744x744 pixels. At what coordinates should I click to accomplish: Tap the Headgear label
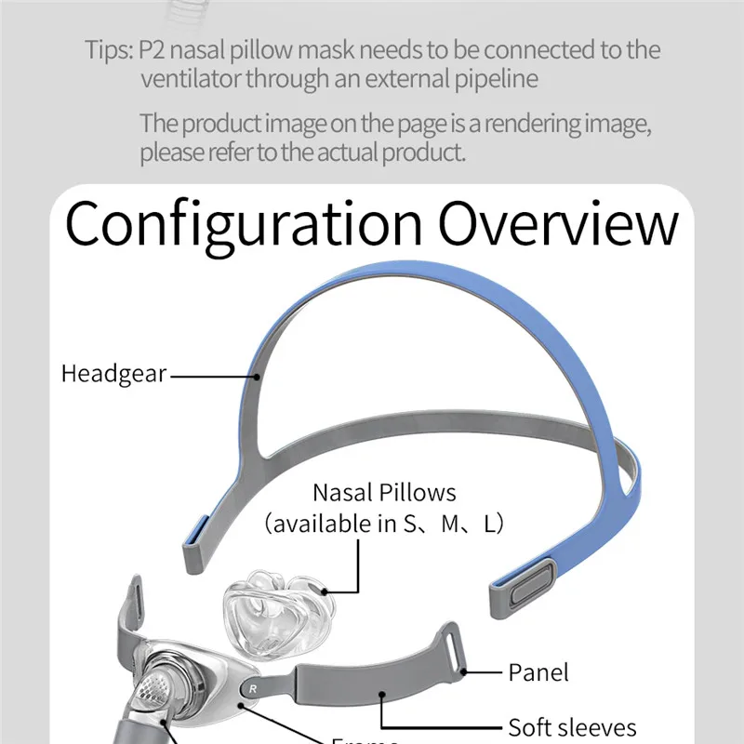(113, 375)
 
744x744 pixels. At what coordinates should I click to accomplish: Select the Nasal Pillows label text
(384, 492)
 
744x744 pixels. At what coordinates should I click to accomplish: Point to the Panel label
(538, 671)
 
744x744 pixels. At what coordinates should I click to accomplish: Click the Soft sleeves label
(572, 726)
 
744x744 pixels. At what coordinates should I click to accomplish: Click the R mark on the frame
(252, 689)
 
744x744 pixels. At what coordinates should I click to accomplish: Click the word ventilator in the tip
(190, 79)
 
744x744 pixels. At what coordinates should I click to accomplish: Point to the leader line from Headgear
(214, 376)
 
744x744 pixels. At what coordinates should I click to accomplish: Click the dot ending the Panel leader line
(466, 669)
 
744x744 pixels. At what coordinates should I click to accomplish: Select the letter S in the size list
(411, 524)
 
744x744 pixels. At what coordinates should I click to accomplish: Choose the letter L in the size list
(489, 524)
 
